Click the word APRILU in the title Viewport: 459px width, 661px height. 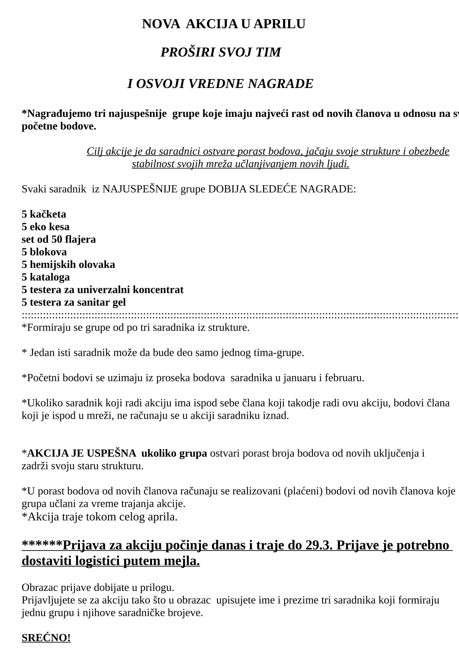point(279,24)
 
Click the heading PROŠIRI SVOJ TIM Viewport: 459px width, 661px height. point(221,52)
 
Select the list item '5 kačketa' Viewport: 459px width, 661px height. point(44,214)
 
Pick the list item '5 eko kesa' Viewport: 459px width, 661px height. point(45,227)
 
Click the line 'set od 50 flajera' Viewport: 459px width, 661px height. point(59,239)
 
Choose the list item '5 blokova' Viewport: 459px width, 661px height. point(44,252)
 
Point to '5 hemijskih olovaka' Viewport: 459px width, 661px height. point(68,264)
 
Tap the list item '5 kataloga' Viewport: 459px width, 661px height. point(45,277)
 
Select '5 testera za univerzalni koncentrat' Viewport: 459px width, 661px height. point(102,290)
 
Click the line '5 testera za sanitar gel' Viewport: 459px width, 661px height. point(74,302)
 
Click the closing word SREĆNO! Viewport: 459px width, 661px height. point(46,638)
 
